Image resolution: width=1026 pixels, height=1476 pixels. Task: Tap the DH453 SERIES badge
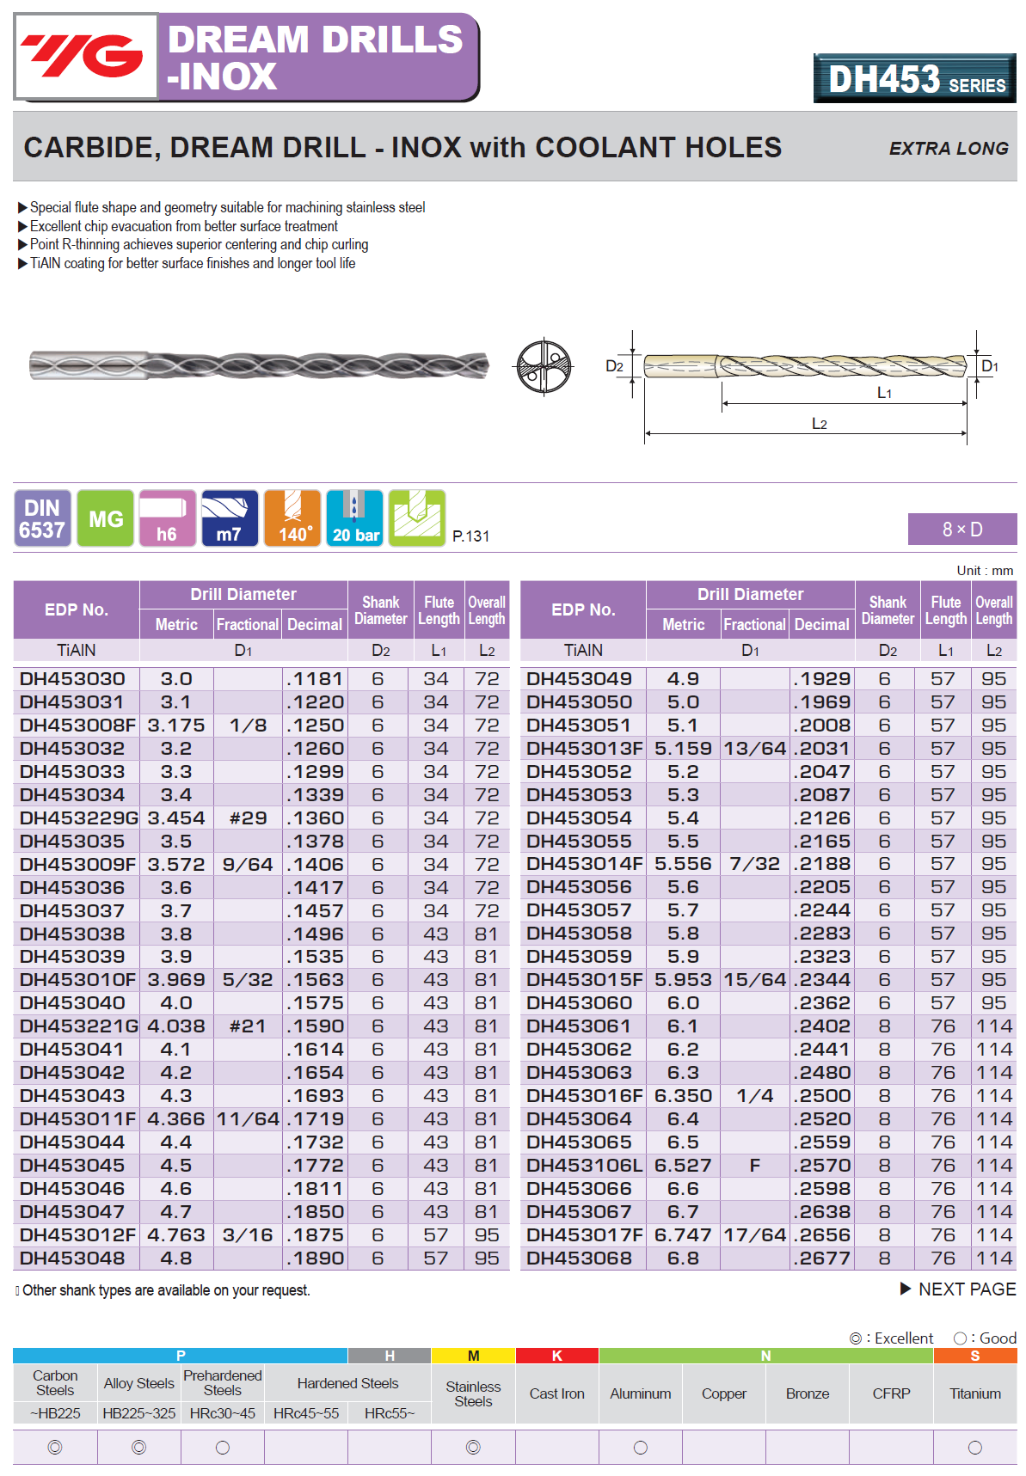click(914, 79)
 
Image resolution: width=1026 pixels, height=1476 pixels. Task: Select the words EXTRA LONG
click(948, 149)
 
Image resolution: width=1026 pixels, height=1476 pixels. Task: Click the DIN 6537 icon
click(42, 518)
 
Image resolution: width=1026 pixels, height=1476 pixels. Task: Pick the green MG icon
click(106, 518)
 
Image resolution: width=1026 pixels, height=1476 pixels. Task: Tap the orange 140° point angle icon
click(292, 518)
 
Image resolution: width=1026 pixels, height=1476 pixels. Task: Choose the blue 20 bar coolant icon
click(355, 518)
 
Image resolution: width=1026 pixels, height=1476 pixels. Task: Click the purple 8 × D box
click(961, 530)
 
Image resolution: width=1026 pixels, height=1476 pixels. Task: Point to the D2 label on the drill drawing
click(614, 366)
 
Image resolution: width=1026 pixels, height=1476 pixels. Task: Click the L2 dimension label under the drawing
click(819, 424)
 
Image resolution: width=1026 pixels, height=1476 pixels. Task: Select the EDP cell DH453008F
click(77, 726)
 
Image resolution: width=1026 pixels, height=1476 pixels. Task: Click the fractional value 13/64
click(754, 749)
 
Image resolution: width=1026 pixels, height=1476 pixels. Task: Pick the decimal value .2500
click(822, 1096)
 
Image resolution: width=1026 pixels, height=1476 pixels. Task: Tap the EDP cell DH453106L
click(584, 1166)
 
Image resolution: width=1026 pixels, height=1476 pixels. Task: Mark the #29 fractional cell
click(248, 818)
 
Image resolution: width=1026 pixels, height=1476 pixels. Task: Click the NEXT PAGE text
click(966, 1289)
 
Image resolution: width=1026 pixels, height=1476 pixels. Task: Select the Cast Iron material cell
click(556, 1393)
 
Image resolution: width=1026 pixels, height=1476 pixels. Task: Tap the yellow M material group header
click(473, 1356)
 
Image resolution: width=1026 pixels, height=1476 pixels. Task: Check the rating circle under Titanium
click(974, 1448)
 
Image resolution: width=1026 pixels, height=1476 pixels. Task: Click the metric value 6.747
click(683, 1235)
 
